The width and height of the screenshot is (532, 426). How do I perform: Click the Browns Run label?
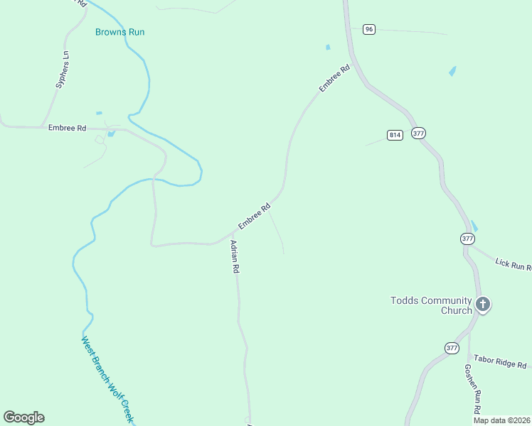(124, 32)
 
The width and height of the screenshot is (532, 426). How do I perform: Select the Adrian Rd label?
(235, 257)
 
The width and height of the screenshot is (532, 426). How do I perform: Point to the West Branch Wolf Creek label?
(107, 379)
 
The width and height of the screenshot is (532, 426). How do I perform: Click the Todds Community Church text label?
(431, 305)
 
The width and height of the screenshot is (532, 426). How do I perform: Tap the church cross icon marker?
(483, 305)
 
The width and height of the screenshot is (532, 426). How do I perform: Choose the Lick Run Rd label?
(513, 265)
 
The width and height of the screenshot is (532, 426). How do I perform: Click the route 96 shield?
(368, 29)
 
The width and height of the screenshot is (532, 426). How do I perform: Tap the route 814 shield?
(395, 135)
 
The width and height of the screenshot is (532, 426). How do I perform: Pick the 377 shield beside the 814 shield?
(418, 133)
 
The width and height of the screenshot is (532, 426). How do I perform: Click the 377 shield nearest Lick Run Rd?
(467, 239)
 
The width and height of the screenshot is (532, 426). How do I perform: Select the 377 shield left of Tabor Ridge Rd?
(452, 348)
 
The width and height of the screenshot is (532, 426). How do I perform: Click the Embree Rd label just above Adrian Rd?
(254, 217)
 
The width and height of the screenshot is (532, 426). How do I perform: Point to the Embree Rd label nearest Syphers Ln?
(67, 128)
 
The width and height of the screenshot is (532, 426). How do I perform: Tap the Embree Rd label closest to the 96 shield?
(334, 78)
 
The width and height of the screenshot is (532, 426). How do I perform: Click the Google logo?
(23, 417)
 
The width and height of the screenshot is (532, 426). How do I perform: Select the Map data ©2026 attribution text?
(501, 420)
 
